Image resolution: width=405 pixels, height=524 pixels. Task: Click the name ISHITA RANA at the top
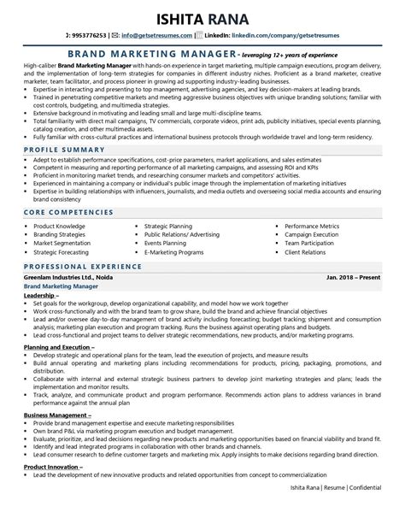click(x=202, y=18)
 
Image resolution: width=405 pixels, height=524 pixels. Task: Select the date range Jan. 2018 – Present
click(x=352, y=302)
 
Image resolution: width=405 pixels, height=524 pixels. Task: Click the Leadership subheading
click(x=44, y=318)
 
